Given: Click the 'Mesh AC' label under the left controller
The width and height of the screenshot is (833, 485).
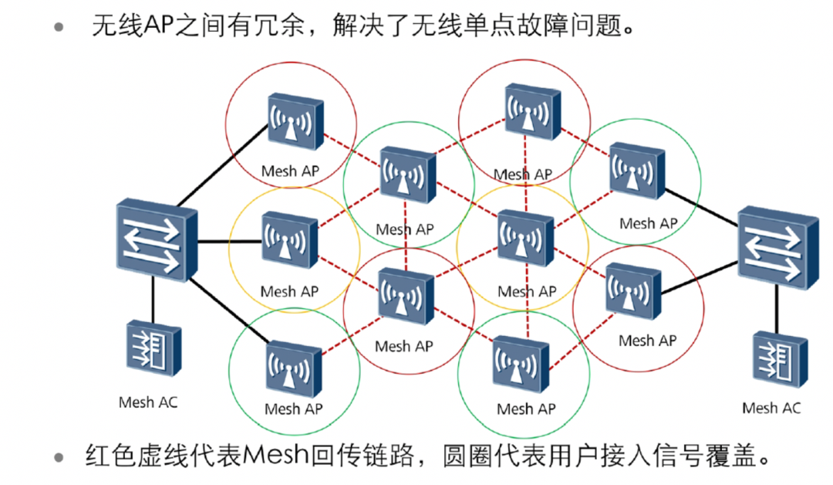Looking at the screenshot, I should tap(148, 402).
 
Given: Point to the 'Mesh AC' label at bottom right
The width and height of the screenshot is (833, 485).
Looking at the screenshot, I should tap(771, 408).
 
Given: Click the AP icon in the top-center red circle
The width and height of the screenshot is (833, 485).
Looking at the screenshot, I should tap(531, 114).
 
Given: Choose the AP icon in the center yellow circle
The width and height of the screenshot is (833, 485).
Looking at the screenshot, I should tap(524, 236).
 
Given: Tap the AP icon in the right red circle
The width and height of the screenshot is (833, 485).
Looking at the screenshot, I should tap(632, 291).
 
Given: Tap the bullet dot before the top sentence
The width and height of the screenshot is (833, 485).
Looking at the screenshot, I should tap(59, 29).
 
